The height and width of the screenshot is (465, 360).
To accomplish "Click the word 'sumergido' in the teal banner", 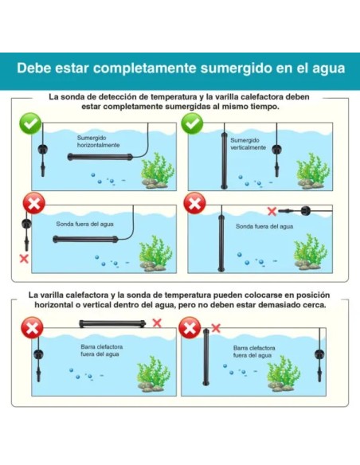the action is [236, 68].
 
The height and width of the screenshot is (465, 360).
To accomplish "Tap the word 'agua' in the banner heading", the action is [329, 69].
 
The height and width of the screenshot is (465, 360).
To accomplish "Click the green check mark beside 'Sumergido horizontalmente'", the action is [30, 123].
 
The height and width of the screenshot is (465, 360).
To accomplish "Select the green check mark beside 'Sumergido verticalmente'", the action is [192, 123].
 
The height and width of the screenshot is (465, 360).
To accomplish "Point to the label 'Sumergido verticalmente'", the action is [248, 144].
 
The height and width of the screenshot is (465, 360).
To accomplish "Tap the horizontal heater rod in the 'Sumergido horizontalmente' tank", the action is [100, 157].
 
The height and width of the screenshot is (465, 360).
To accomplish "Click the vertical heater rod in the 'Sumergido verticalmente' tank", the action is [224, 160].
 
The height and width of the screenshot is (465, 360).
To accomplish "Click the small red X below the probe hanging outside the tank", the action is [24, 258].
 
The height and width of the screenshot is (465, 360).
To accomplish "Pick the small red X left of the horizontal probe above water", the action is [272, 212].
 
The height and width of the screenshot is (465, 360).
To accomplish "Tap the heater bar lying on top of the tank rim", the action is [112, 323].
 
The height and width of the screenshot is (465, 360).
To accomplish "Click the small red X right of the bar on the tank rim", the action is [157, 323].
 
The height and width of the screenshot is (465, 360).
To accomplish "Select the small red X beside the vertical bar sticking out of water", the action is [216, 328].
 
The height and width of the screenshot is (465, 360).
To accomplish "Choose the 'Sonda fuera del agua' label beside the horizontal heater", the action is [84, 225].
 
